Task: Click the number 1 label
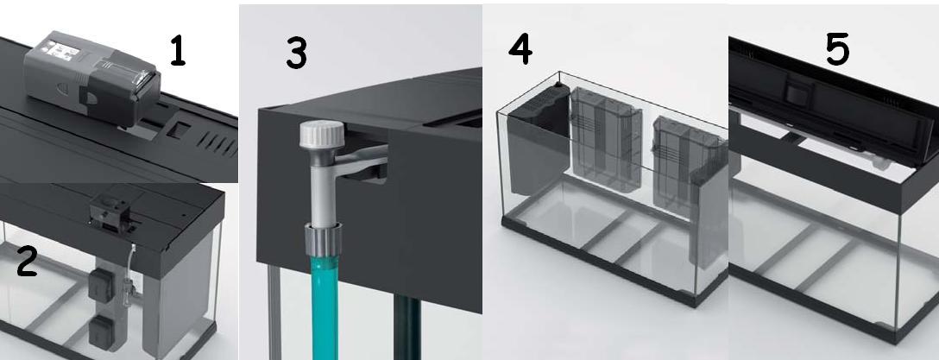click(177, 50)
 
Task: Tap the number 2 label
click(27, 262)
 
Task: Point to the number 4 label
click(520, 48)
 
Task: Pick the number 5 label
click(837, 50)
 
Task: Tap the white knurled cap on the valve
click(322, 134)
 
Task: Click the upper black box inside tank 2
click(101, 285)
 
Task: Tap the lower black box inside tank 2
click(101, 333)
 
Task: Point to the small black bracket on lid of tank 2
click(110, 213)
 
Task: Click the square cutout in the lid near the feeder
click(178, 130)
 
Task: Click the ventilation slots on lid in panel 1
click(217, 144)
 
